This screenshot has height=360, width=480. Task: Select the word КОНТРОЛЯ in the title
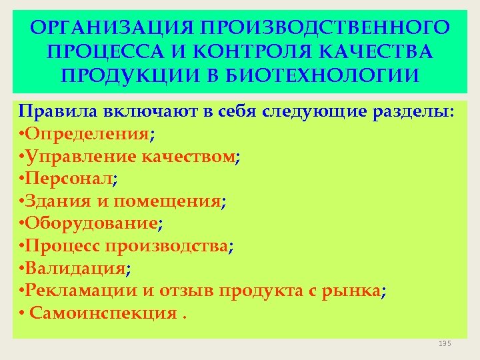232,52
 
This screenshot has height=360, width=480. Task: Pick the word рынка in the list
357,291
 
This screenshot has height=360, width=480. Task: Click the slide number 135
445,343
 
